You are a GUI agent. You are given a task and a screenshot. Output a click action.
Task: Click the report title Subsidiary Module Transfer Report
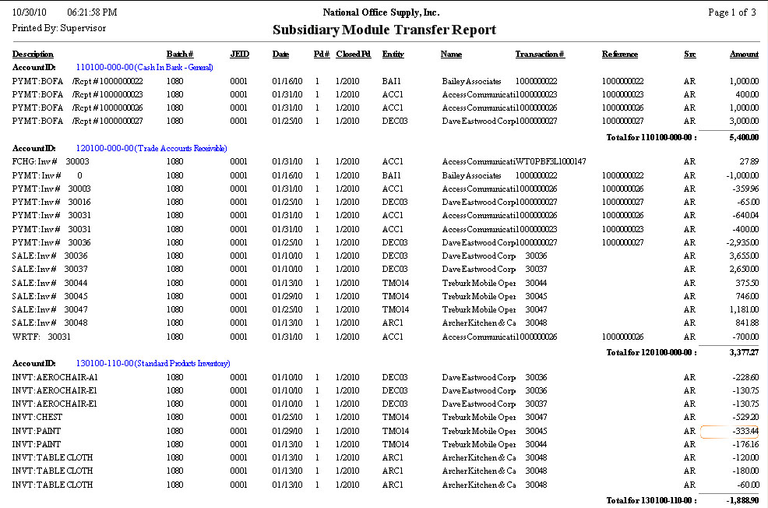click(384, 30)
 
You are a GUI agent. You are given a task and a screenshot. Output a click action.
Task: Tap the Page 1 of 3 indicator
click(731, 12)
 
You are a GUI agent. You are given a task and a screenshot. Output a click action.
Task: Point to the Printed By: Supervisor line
click(59, 28)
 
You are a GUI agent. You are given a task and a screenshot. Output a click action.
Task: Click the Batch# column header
click(179, 55)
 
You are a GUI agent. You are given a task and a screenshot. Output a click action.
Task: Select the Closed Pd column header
click(353, 55)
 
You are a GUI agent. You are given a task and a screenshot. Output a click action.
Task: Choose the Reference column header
click(619, 55)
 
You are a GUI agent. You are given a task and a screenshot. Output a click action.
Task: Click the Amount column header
click(744, 55)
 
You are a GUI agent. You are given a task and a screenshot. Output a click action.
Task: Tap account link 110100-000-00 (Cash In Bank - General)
click(144, 68)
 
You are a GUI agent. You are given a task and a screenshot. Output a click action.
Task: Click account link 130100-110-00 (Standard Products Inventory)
click(153, 364)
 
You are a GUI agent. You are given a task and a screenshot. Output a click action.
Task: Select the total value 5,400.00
click(743, 136)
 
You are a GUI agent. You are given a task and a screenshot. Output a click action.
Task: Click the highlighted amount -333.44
click(731, 432)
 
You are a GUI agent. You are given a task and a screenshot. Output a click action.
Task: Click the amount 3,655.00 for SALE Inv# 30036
click(743, 256)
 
